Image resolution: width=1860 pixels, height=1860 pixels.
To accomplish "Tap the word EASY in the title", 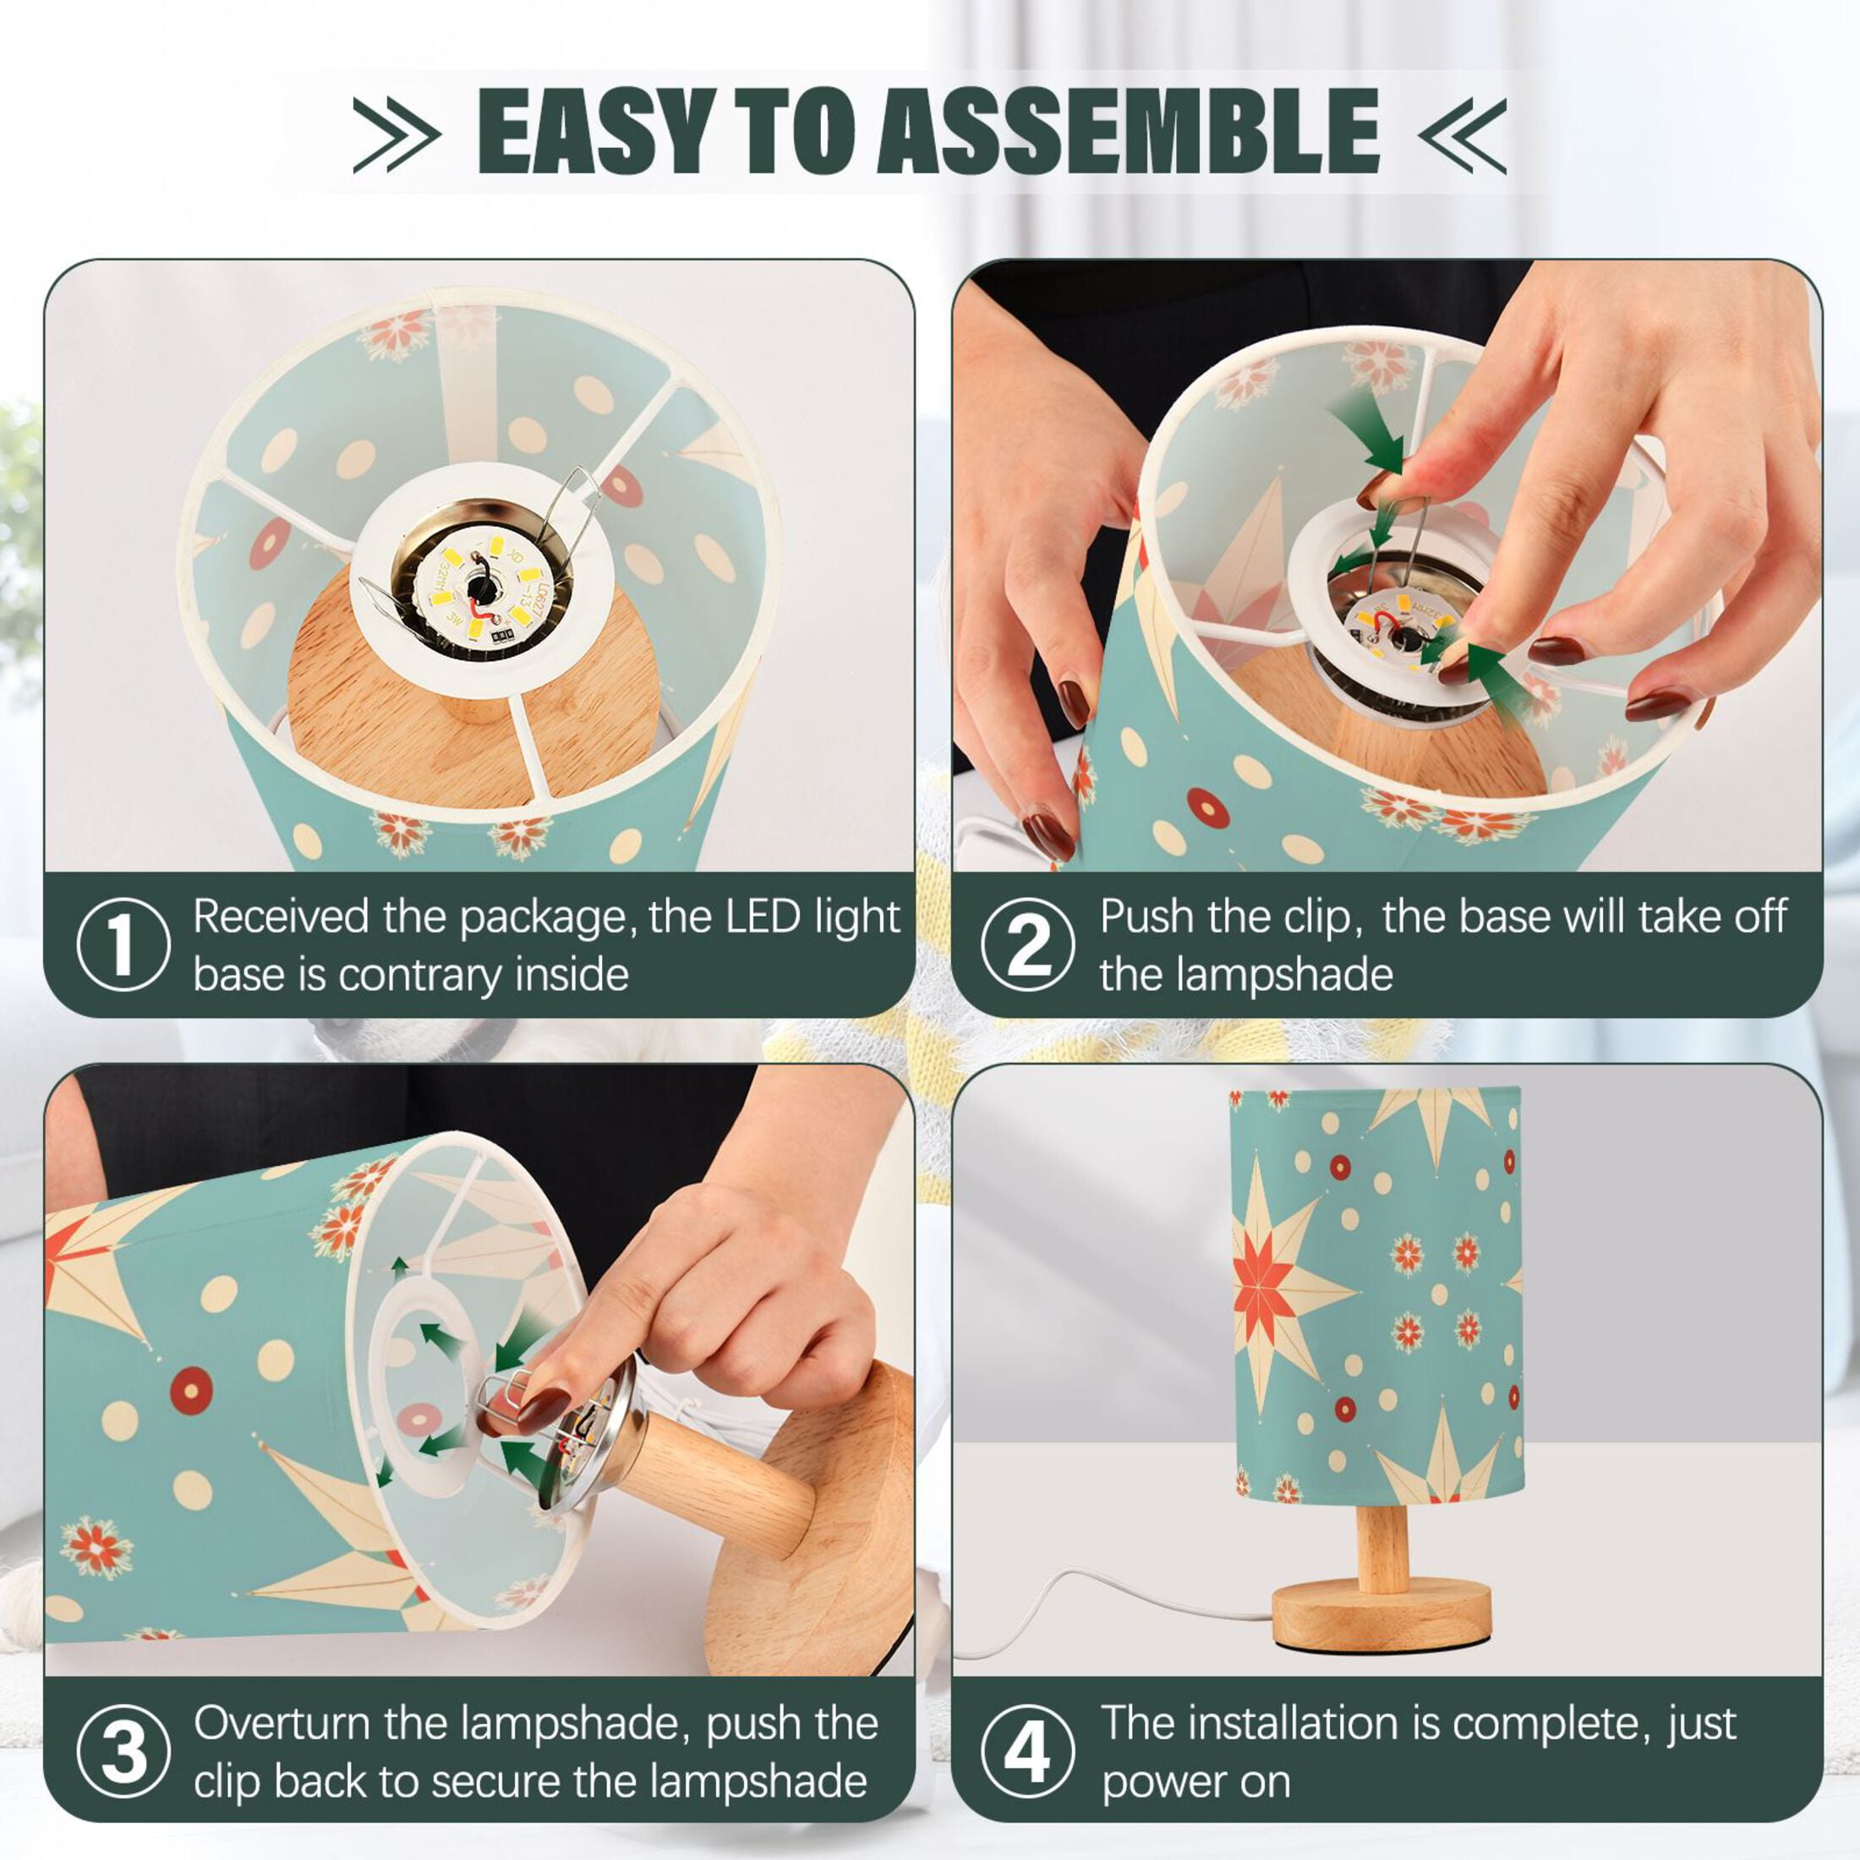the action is pos(597,131).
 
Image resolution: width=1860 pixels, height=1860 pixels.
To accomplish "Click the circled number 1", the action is pos(123,944).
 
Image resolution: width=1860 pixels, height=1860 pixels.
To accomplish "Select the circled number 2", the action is pos(1028,944).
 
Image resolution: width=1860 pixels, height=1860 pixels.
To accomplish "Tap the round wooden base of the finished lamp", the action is pos(1381,1616).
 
